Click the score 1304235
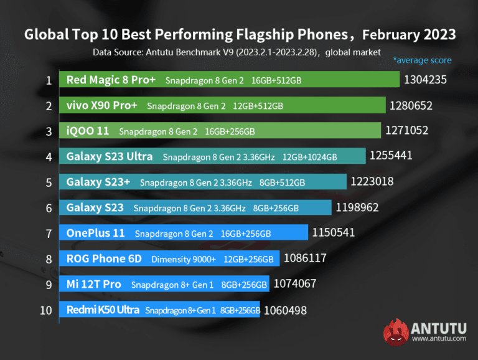pyautogui.click(x=425, y=80)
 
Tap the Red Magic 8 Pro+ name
pyautogui.click(x=111, y=80)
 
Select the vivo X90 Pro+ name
pyautogui.click(x=101, y=105)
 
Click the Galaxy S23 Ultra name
pyautogui.click(x=110, y=156)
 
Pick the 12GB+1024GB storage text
pyautogui.click(x=309, y=157)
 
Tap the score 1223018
pyautogui.click(x=372, y=182)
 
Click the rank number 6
pyautogui.click(x=49, y=207)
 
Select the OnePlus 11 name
pyautogui.click(x=96, y=233)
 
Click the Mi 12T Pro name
pyautogui.click(x=94, y=284)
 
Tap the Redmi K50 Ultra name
pyautogui.click(x=102, y=310)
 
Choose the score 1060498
pyautogui.click(x=285, y=310)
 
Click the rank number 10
pyautogui.click(x=46, y=310)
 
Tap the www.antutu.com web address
pyautogui.click(x=439, y=339)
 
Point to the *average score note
pyautogui.click(x=422, y=60)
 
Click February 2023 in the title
pyautogui.click(x=408, y=34)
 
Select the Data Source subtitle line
pyautogui.click(x=237, y=52)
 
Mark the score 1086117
pyautogui.click(x=305, y=258)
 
